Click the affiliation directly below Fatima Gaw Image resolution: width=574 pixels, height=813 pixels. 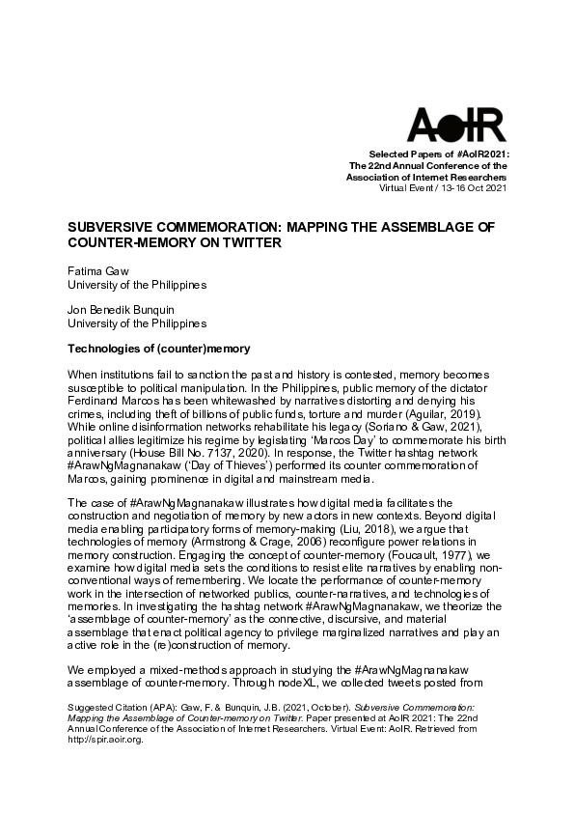(136, 286)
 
